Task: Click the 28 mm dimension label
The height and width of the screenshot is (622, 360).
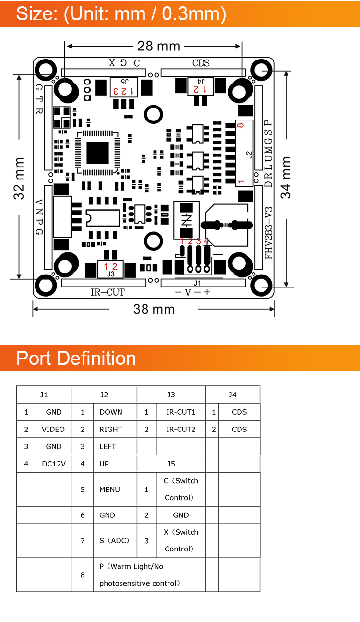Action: coord(158,46)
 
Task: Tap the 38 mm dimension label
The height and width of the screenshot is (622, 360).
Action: coord(154,309)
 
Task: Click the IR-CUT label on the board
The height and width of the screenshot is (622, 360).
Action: coord(108,292)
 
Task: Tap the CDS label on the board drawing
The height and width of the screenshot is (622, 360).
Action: coord(201,63)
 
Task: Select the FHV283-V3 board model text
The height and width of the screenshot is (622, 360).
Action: coord(269,233)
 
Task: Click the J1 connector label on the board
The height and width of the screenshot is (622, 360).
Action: coord(197,283)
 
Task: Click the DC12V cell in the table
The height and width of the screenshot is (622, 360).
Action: coord(54,464)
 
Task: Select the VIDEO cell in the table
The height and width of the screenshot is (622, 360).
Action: coord(53,429)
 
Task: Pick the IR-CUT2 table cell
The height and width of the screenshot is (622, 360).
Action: coord(181,429)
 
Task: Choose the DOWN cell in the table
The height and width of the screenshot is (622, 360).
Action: coord(111,412)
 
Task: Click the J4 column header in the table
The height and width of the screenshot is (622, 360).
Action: coord(232,395)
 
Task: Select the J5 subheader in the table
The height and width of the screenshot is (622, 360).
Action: coord(171,464)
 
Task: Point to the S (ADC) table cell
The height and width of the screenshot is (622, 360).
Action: coord(115,540)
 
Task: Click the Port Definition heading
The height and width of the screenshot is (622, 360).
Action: coord(76,358)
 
